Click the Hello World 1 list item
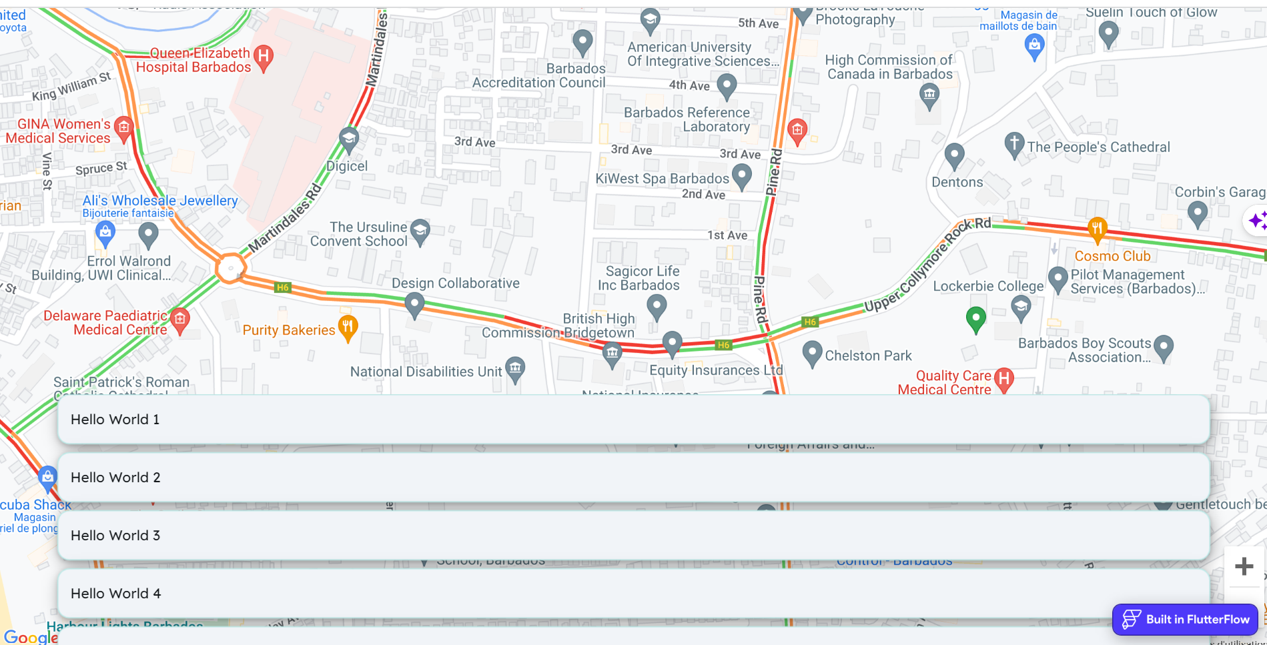click(x=633, y=420)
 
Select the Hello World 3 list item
click(x=633, y=536)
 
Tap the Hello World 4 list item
click(x=633, y=594)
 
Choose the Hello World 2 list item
click(x=633, y=478)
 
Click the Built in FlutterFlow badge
click(x=1185, y=620)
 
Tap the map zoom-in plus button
click(x=1244, y=566)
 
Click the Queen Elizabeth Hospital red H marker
click(x=264, y=57)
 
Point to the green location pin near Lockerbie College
click(x=975, y=318)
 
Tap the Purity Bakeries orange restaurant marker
click(x=348, y=327)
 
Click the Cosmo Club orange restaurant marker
click(x=1097, y=229)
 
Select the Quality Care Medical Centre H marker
click(x=1003, y=380)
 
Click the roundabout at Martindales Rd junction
click(x=230, y=268)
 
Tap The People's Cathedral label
click(x=1098, y=147)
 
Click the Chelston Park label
click(x=868, y=356)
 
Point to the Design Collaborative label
click(x=455, y=283)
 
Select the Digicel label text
click(x=346, y=166)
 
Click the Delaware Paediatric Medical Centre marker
click(x=179, y=319)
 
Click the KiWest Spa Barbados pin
click(x=741, y=176)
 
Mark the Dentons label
click(x=957, y=182)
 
